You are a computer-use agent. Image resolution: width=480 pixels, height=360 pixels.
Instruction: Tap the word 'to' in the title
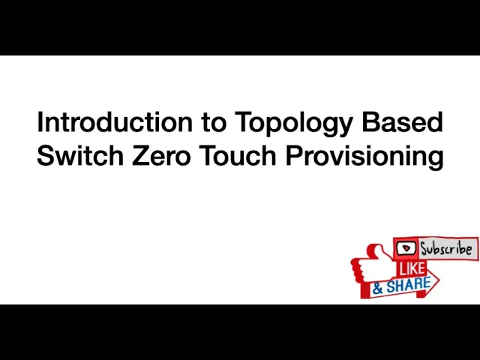pyautogui.click(x=211, y=122)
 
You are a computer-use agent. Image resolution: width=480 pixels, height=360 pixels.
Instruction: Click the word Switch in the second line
pyautogui.click(x=79, y=157)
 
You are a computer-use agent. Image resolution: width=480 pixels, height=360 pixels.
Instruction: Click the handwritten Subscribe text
pyautogui.click(x=446, y=248)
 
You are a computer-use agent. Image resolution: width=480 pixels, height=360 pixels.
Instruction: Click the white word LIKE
pyautogui.click(x=410, y=268)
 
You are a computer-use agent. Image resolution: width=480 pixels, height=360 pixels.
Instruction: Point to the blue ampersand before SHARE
pyautogui.click(x=379, y=287)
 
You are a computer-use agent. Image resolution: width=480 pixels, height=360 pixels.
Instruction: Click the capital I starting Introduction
pyautogui.click(x=40, y=122)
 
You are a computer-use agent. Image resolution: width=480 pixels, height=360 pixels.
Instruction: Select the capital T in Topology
pyautogui.click(x=243, y=122)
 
